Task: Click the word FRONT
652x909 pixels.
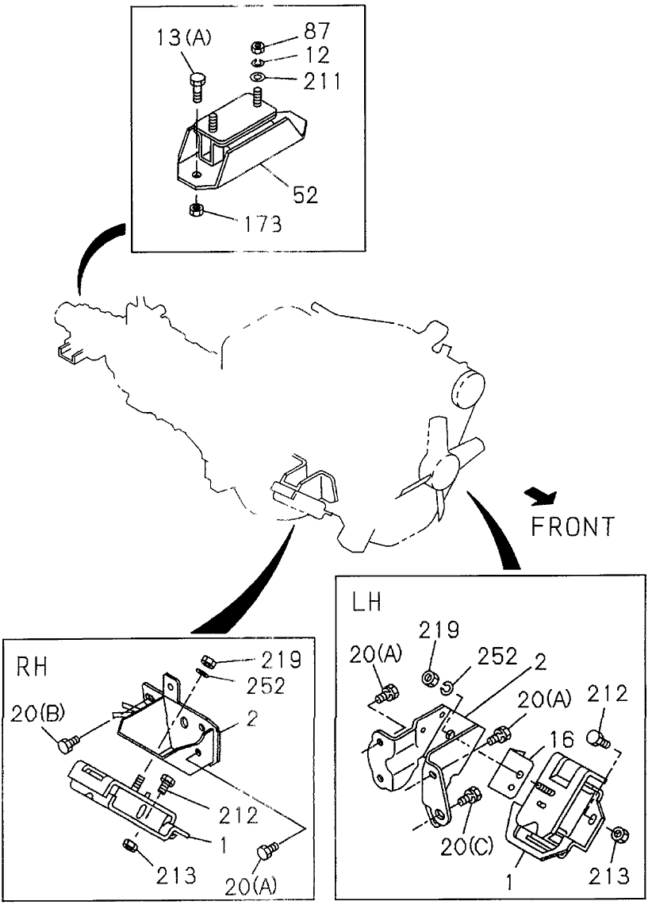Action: [574, 525]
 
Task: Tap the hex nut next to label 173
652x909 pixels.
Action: [198, 210]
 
